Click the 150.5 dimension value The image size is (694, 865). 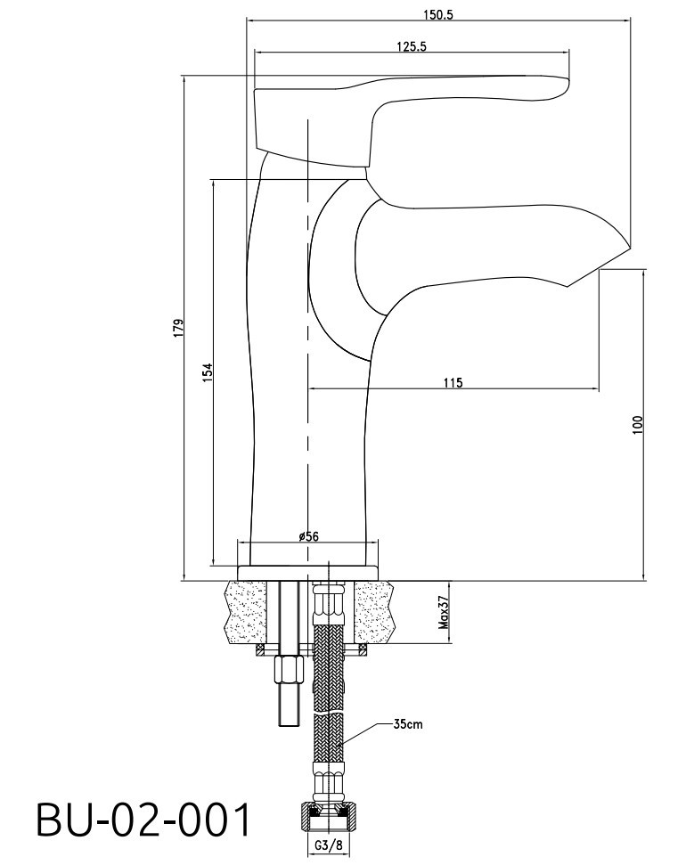(x=438, y=14)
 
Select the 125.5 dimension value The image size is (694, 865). (x=412, y=46)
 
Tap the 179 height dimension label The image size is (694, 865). (x=178, y=328)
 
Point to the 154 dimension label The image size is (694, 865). (x=207, y=372)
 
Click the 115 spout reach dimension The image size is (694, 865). (x=453, y=382)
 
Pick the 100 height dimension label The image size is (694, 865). (x=638, y=425)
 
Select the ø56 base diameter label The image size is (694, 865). (x=308, y=535)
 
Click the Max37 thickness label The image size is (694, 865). (x=443, y=613)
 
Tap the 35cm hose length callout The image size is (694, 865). (x=408, y=723)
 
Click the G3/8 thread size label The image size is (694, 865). (x=330, y=845)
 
